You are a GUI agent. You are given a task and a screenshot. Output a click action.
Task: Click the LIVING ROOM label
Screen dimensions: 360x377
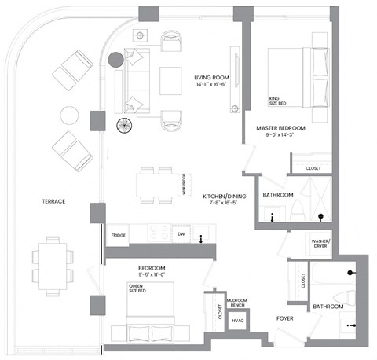coord(210,77)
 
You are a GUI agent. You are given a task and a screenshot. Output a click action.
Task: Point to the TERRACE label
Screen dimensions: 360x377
coord(53,202)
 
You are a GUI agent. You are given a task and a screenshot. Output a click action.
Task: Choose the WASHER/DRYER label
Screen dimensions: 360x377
coord(321,242)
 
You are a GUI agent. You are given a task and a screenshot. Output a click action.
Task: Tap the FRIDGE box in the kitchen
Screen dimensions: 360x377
coord(119,234)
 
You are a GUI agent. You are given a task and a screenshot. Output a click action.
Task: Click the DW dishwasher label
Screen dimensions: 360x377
coord(180,234)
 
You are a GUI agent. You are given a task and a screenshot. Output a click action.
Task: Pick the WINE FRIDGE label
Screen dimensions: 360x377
coord(183,184)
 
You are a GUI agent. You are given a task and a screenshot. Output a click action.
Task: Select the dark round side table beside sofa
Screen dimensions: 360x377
coord(115,60)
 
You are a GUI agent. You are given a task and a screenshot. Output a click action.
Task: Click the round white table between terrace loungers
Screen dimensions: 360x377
coord(69,116)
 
